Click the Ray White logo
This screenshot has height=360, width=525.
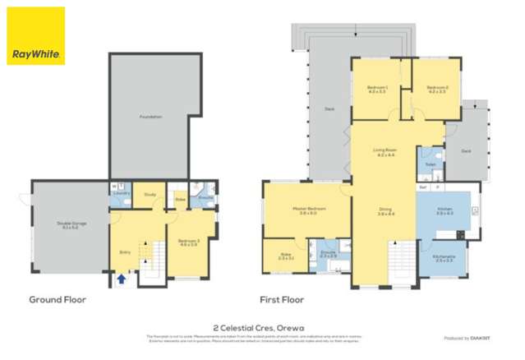[35, 37]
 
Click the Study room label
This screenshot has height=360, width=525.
[150, 195]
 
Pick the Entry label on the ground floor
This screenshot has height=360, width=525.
[125, 252]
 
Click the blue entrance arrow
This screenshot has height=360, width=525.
[122, 279]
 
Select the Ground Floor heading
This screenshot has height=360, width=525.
[58, 300]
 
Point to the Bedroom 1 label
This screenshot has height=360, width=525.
[377, 90]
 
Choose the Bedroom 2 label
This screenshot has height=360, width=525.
[435, 90]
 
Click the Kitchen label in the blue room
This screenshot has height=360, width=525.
[444, 210]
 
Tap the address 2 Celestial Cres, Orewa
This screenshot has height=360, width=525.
[262, 325]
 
